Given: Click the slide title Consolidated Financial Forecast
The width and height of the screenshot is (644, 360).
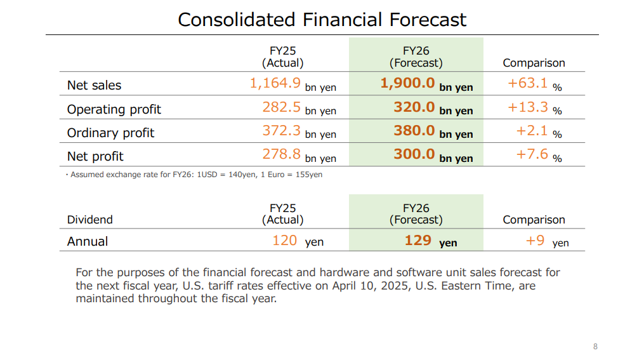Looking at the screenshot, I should coord(322,20).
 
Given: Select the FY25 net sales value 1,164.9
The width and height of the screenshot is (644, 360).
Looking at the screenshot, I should coord(275,83).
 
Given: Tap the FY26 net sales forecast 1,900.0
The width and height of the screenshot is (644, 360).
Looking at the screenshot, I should coord(407,83).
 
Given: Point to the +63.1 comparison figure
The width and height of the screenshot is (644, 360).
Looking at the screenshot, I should coord(527,83).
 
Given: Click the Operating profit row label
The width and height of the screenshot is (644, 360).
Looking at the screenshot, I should coord(114,109).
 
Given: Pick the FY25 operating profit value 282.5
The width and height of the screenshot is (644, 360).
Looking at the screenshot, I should coord(281,107).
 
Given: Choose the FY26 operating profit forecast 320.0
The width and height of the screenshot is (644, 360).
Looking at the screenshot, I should coord(414,107).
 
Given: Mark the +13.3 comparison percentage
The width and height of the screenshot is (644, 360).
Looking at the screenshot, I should coord(527,107).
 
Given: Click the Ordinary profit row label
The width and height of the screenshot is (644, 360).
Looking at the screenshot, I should coord(111,133).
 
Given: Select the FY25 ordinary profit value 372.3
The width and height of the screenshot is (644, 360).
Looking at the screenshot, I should coord(281,130).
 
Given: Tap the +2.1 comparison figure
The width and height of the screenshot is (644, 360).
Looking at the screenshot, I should coord(530,130).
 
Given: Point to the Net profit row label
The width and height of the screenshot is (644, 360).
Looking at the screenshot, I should coord(95,156).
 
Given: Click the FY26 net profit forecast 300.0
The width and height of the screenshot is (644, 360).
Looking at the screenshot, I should coord(414,154).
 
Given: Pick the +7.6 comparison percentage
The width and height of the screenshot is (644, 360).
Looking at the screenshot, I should coord(530,154).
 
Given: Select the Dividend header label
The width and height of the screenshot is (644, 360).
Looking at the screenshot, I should coord(90,220).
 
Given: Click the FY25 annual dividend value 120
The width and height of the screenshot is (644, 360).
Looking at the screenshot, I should coord(285,240).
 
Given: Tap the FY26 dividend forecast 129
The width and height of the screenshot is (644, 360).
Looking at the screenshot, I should coord(418,240).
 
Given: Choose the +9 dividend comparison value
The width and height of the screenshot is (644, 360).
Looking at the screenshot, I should coord(535,240).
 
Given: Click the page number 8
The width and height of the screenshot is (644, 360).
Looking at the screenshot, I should coord(595,346).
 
